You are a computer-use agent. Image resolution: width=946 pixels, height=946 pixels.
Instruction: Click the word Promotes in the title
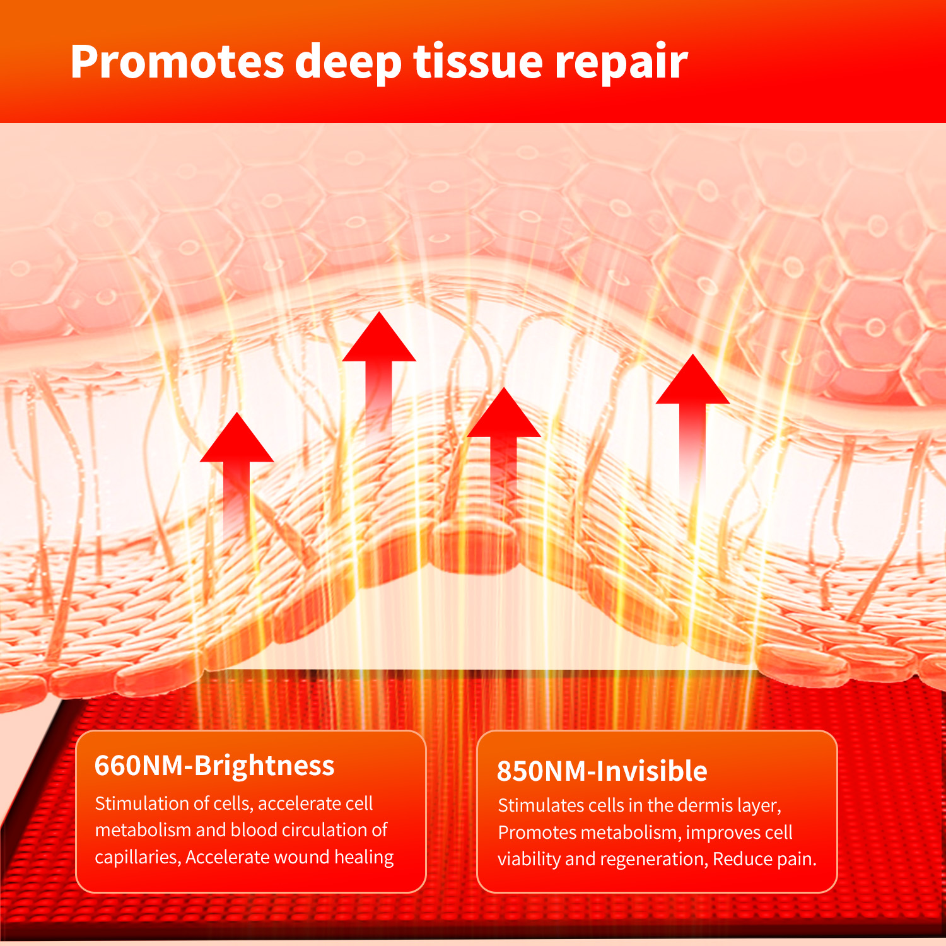tap(177, 62)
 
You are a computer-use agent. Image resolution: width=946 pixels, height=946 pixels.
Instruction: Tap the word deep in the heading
tap(348, 62)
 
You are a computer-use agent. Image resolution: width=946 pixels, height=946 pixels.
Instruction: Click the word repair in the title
tap(621, 62)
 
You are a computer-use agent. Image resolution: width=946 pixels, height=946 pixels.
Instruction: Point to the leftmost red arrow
tap(237, 476)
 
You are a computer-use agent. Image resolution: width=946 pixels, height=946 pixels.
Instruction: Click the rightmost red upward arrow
tap(692, 426)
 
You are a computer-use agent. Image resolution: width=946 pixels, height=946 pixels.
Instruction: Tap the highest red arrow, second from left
tap(379, 372)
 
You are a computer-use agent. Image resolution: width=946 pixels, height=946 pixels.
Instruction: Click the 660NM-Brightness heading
tap(214, 766)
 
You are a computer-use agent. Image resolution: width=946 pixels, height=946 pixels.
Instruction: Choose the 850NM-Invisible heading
tap(602, 771)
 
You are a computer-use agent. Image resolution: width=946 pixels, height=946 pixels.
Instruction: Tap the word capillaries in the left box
tap(136, 857)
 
